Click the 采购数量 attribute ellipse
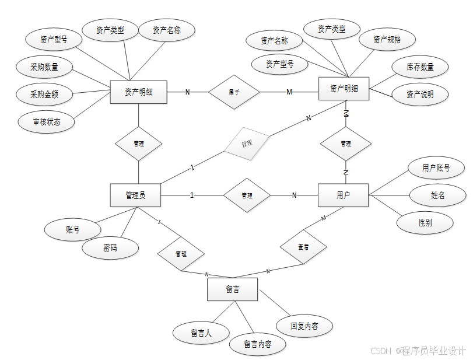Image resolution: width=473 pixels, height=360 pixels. [44, 67]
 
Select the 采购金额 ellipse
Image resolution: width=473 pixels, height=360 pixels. [44, 94]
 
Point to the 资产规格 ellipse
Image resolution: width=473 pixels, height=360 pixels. [387, 40]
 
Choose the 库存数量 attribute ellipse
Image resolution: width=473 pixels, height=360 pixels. [420, 67]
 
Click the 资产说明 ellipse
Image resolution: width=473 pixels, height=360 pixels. [420, 94]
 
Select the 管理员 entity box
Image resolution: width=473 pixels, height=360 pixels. [135, 195]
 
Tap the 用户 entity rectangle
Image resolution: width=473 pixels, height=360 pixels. [343, 195]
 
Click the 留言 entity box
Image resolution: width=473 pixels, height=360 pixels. [232, 289]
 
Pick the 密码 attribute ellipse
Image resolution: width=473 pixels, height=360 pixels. [110, 248]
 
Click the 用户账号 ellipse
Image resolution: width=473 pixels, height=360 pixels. [436, 168]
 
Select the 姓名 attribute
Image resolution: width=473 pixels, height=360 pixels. [438, 195]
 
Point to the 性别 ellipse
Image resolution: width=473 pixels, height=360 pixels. [425, 222]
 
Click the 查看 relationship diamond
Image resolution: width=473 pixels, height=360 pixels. [303, 247]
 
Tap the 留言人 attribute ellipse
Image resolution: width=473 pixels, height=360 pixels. [201, 333]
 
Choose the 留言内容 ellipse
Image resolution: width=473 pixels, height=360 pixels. [257, 344]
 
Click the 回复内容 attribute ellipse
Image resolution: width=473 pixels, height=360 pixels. [304, 326]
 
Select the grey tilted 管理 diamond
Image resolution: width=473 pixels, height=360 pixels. [247, 142]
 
